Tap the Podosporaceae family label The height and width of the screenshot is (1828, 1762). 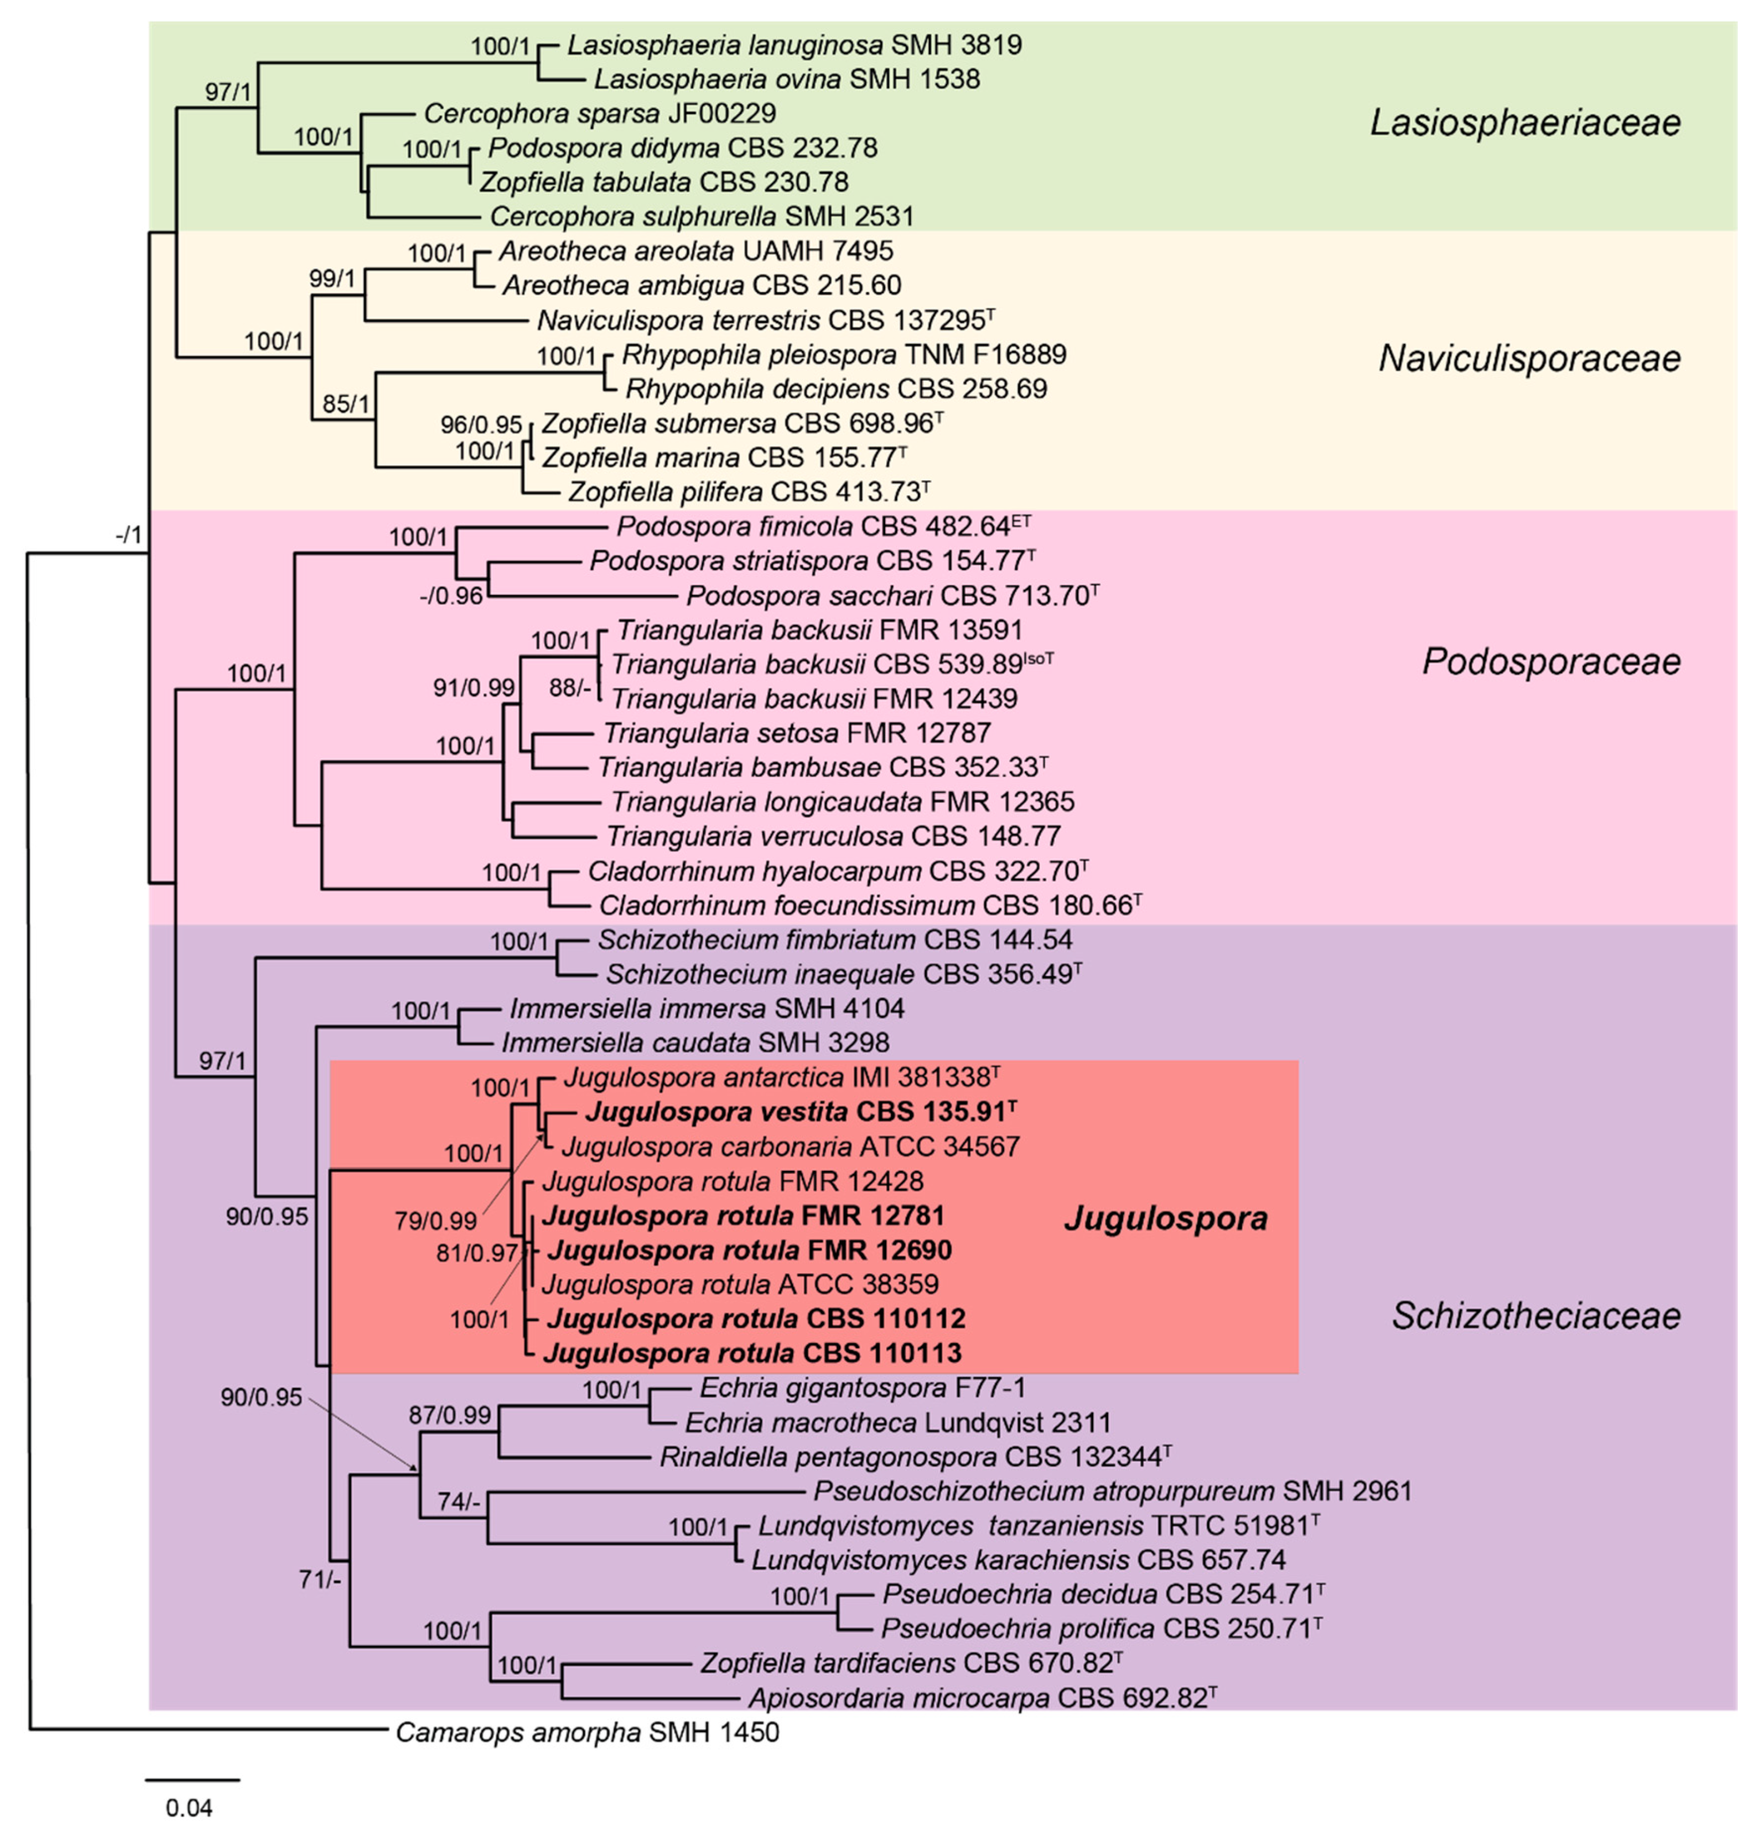(x=1550, y=661)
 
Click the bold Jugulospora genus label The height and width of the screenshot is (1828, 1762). (x=1166, y=1218)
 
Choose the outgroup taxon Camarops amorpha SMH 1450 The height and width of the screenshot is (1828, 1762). (x=587, y=1733)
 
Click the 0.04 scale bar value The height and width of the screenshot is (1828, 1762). (x=189, y=1808)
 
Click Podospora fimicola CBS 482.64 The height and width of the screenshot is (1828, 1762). (x=823, y=527)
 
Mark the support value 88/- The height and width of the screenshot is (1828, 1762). (x=570, y=687)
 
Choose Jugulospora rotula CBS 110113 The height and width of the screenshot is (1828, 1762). (x=752, y=1353)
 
